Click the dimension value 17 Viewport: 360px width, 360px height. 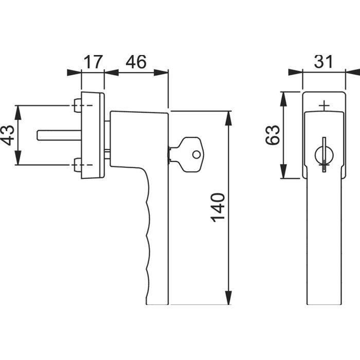[x=93, y=62]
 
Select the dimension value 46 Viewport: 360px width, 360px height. [x=136, y=62]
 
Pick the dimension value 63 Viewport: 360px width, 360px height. [x=274, y=135]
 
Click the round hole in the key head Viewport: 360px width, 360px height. [x=195, y=154]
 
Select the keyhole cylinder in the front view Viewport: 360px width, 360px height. [x=323, y=153]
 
